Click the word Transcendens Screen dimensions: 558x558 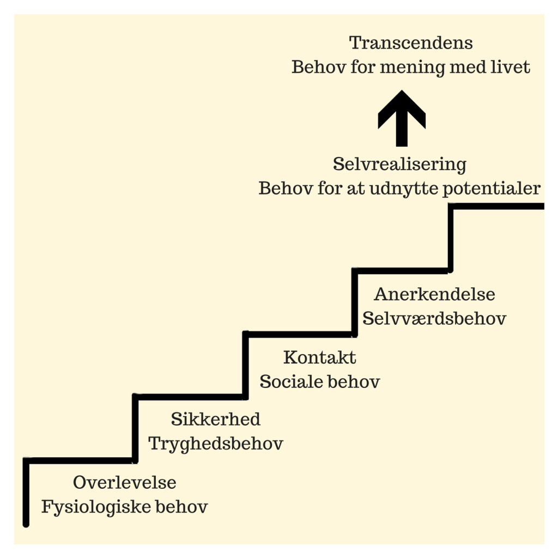tap(411, 43)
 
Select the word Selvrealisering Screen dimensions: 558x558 tap(399, 164)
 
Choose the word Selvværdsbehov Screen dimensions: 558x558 tap(434, 319)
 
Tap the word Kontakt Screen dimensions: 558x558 tap(320, 357)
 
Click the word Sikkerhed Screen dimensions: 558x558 tap(216, 419)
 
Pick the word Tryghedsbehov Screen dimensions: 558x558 tap(216, 444)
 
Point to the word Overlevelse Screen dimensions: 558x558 tap(125, 482)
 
